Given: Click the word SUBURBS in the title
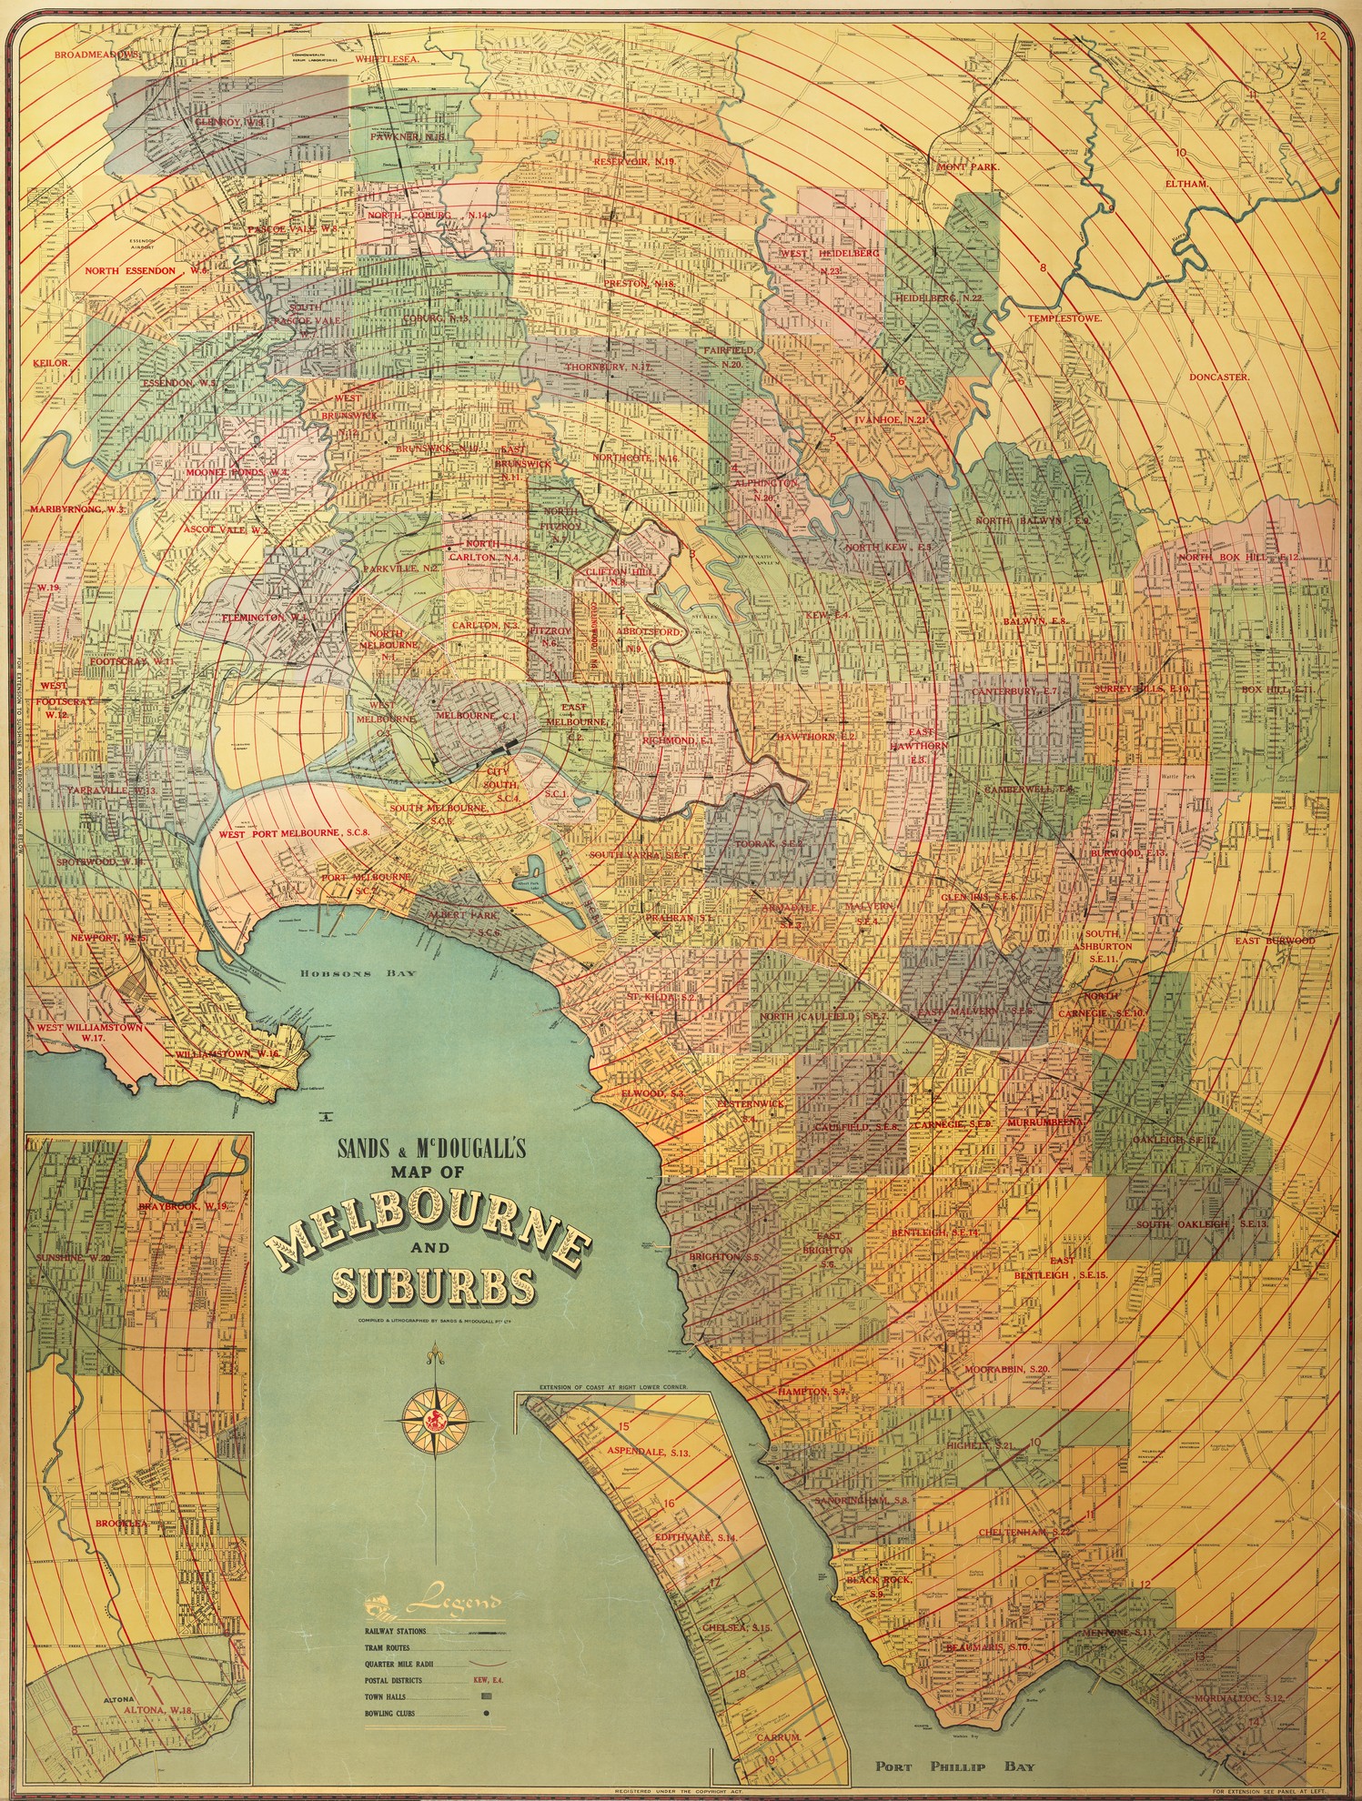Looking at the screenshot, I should [432, 1284].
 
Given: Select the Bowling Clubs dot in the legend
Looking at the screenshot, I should [488, 1713].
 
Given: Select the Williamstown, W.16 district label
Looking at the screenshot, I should [227, 1053].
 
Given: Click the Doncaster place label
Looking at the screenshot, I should [1219, 377].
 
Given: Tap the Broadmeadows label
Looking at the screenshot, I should [95, 55].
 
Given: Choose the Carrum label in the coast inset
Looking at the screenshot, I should [779, 1737].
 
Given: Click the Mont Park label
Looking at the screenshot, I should [968, 167].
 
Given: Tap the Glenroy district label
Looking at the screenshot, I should [228, 121].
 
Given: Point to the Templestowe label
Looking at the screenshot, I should [1064, 319].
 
